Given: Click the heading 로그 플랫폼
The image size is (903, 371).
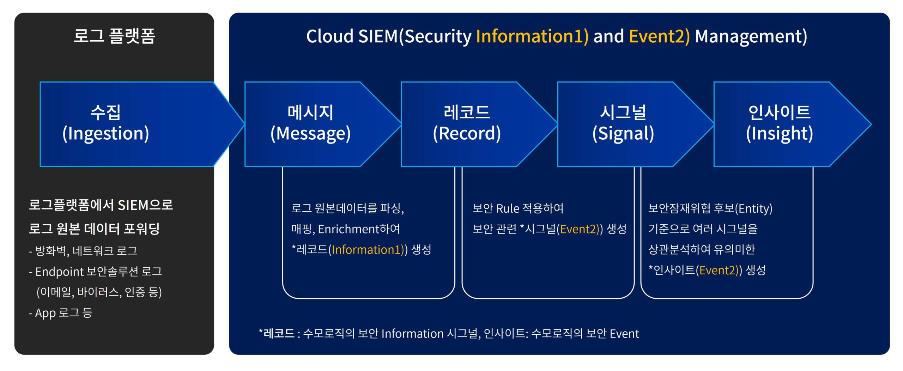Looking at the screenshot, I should point(114,36).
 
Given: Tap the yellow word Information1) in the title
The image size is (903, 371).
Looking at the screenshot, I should point(532,36).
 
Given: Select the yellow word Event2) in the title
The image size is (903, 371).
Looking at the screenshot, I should point(659,36).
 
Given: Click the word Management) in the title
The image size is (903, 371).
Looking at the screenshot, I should point(751,36).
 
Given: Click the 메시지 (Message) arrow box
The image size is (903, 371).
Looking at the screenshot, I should point(310,124).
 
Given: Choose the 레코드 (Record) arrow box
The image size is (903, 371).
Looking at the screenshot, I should point(467,124).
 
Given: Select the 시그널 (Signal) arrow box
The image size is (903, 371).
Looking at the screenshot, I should point(623,124).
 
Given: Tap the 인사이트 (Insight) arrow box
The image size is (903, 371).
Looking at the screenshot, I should point(779,124).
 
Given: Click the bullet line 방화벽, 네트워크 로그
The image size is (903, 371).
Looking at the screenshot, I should point(86,251).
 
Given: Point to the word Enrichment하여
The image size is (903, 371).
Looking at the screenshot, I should point(359,229).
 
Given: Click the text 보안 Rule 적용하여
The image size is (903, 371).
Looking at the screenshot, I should point(518,208).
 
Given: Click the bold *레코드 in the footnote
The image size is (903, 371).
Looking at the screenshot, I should point(277,333).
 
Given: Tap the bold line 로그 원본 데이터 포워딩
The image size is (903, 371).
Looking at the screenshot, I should point(94,229).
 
